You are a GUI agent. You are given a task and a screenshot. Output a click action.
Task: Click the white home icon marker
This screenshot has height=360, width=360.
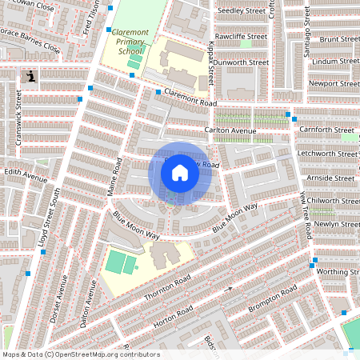pos(180,172)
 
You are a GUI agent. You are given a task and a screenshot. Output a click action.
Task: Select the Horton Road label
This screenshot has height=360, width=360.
pos(174,314)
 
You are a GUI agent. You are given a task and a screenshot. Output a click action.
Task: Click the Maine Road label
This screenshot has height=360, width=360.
pos(113,176)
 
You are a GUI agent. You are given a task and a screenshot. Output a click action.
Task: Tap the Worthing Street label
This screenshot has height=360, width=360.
pos(335,272)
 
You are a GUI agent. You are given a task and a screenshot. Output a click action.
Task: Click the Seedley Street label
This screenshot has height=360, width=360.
pos(242,10)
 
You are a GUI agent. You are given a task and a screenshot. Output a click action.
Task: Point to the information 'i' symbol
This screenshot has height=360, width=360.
pos(30,76)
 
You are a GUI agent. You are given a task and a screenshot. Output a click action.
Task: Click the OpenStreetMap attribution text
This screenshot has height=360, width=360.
pos(81,354)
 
